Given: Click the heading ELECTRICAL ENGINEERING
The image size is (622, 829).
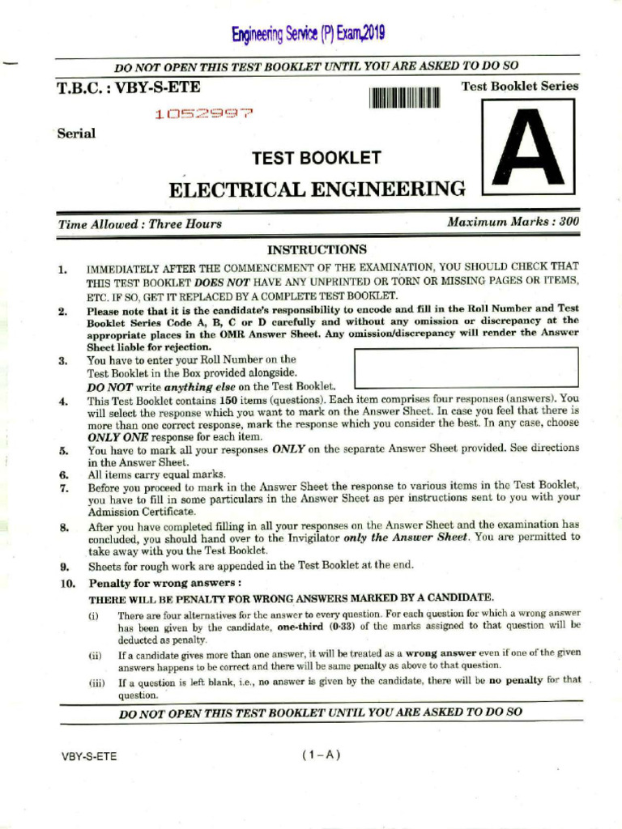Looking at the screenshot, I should [x=317, y=189].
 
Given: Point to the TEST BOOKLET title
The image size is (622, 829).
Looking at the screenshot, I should [x=316, y=158].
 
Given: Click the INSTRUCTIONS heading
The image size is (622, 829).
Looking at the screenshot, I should [x=317, y=249].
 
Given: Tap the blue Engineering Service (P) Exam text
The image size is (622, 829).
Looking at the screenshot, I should [x=308, y=34].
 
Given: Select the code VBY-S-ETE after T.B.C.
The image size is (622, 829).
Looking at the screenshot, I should [x=158, y=87].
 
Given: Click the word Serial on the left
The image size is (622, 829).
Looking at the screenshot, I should [x=76, y=134].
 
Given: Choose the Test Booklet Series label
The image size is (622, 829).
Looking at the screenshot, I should [x=519, y=86].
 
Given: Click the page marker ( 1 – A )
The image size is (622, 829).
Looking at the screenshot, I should [x=321, y=755].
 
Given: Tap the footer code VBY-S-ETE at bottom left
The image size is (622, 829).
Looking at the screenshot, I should [x=89, y=756].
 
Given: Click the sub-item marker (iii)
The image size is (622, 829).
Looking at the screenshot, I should [x=97, y=682].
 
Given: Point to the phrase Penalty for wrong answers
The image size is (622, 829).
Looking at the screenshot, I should [x=164, y=583].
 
